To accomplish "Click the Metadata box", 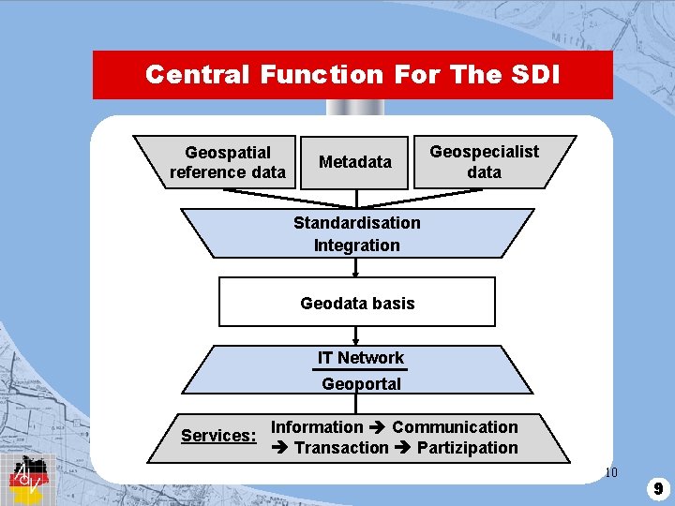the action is (355, 162).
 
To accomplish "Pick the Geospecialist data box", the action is (484, 162).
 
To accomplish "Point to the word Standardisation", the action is (356, 223).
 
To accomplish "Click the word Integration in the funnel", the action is (356, 246).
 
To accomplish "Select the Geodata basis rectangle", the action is (356, 303).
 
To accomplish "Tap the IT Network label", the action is (360, 358).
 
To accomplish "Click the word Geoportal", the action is (361, 384).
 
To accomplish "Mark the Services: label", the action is (218, 436).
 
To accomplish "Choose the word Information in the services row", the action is (317, 427).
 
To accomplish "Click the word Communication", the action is (455, 427).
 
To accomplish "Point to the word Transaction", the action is (341, 448).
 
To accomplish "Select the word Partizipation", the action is (467, 448).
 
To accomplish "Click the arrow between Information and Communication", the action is (377, 428).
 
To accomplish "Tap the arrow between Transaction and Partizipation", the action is (402, 449).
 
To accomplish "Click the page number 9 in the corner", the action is (659, 488).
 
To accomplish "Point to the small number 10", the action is (611, 472).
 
